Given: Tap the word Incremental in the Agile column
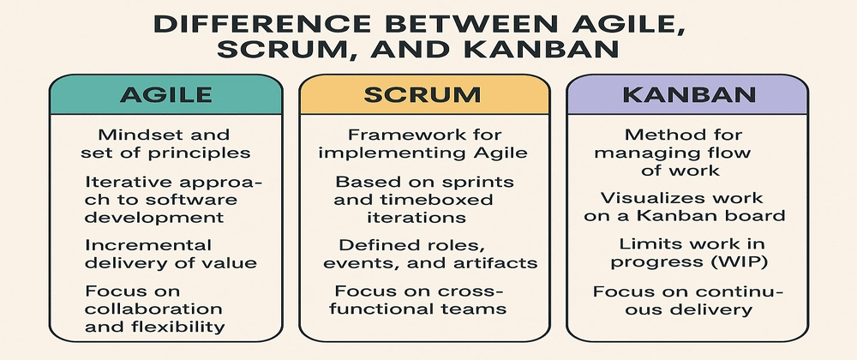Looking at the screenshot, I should tap(137, 244).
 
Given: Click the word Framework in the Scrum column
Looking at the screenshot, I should tap(390, 135).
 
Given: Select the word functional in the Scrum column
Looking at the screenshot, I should tap(393, 309).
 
